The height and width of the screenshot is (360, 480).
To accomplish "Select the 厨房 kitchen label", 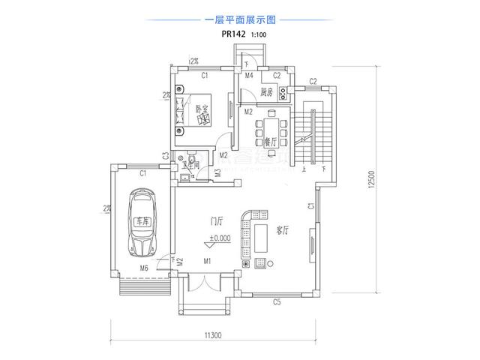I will click(265, 93).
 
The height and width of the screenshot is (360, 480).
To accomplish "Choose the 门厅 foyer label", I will click(217, 222).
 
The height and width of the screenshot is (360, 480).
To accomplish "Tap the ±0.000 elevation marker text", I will click(220, 239).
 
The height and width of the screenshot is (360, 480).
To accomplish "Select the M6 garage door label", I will click(143, 267).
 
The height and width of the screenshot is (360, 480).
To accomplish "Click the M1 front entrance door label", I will click(208, 262).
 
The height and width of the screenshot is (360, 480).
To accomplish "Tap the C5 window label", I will click(276, 302).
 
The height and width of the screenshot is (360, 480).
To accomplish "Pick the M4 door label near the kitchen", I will click(248, 76).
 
